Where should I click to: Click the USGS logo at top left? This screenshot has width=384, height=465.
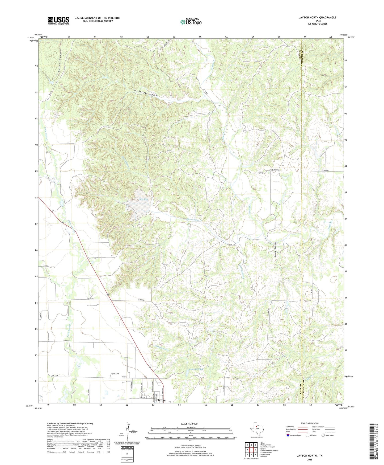tap(58, 20)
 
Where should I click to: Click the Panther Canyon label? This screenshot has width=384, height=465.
tap(275, 250)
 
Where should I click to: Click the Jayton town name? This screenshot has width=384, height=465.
tap(161, 400)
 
